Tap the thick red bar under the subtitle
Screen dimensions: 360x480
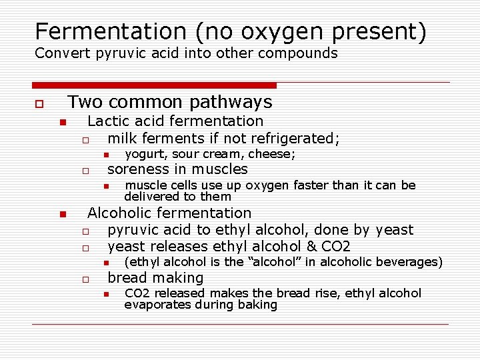[154, 85]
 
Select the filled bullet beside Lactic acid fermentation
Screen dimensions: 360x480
[61, 123]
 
